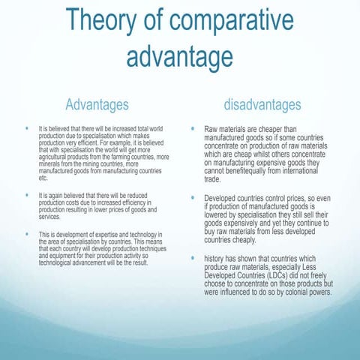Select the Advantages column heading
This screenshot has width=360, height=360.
coord(97,104)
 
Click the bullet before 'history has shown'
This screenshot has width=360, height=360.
coord(193,258)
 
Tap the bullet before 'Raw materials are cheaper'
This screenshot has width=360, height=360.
coord(193,129)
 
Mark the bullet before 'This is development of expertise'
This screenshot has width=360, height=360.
coord(28,235)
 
